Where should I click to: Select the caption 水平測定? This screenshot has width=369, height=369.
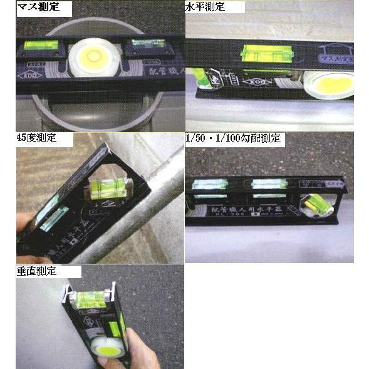(205, 8)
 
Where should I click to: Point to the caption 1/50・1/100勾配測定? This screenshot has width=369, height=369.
(233, 138)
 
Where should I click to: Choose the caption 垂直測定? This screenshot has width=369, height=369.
(37, 271)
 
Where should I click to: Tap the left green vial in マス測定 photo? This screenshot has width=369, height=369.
(41, 46)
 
